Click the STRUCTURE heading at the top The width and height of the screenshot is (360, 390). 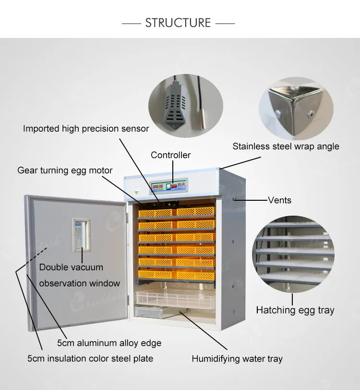(178, 23)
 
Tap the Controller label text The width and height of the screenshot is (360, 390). (170, 155)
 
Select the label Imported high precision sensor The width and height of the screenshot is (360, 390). (86, 129)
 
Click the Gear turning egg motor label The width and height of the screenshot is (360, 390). (65, 171)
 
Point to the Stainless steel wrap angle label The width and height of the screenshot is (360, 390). (286, 146)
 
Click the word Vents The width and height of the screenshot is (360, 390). (280, 200)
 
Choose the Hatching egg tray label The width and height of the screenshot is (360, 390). (295, 310)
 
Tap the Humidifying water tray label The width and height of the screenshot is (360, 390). (237, 359)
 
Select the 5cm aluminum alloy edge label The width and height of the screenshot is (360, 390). (109, 343)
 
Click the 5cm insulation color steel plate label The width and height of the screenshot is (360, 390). (90, 358)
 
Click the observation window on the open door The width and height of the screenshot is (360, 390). (81, 235)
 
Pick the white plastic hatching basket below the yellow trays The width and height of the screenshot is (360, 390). (176, 298)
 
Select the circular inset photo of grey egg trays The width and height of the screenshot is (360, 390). (293, 254)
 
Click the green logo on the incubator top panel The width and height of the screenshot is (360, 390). (136, 192)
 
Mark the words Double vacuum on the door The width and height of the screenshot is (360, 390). (71, 268)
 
